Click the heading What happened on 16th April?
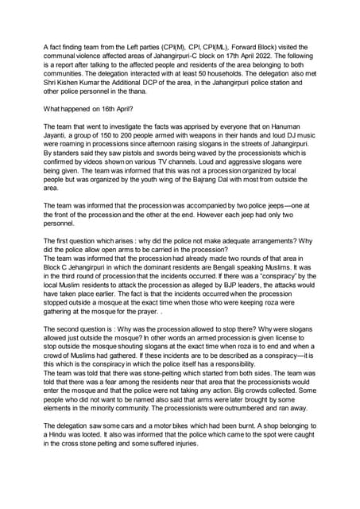(90, 107)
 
